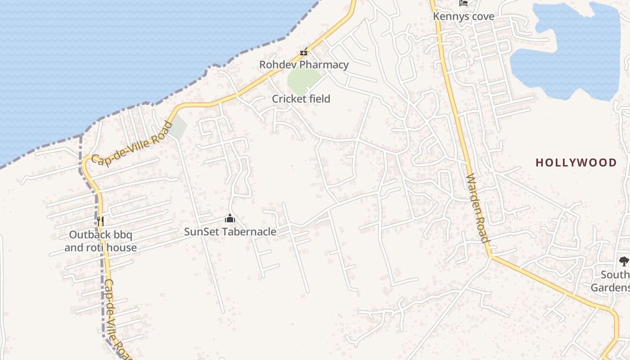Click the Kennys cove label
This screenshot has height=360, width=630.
tap(463, 17)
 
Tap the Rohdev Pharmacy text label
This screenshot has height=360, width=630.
tap(304, 65)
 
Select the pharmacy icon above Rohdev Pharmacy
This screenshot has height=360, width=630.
tap(304, 52)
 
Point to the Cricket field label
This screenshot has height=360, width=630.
tap(301, 99)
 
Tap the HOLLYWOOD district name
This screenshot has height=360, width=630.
tap(576, 162)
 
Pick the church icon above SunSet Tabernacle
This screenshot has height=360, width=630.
tap(230, 219)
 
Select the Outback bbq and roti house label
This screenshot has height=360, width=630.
tap(100, 241)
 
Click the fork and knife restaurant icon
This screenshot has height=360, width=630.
tap(100, 221)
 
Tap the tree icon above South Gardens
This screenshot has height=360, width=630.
tap(624, 261)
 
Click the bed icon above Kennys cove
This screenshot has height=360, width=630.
tap(463, 3)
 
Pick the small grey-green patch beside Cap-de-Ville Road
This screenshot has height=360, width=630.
tap(179, 126)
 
